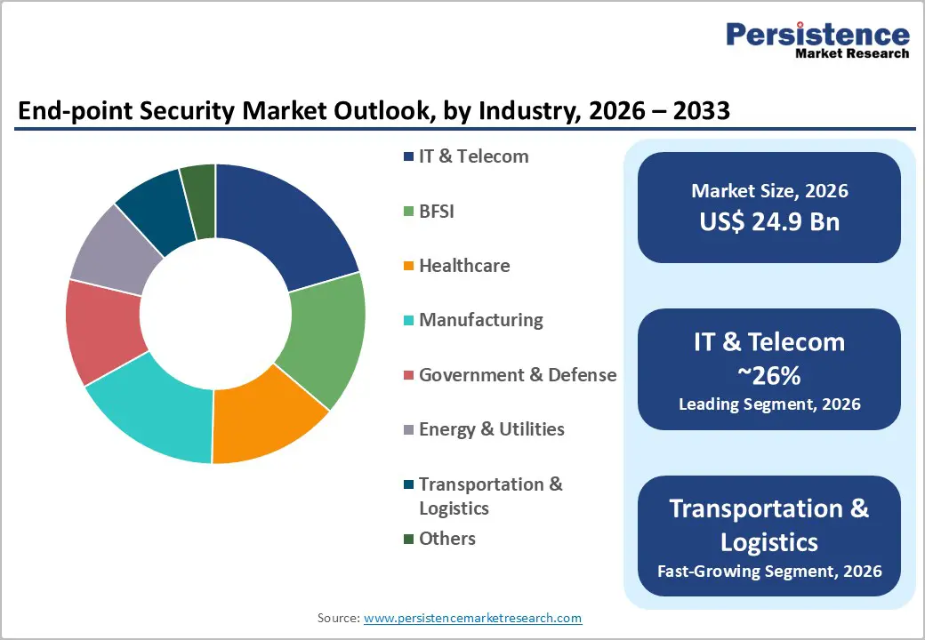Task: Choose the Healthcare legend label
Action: click(x=463, y=266)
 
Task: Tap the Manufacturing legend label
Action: click(x=480, y=320)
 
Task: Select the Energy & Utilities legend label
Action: click(x=491, y=429)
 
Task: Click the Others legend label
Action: click(x=446, y=539)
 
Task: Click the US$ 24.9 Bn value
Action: click(x=768, y=221)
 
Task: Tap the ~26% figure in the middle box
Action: click(x=769, y=376)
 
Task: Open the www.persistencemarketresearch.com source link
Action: click(x=472, y=618)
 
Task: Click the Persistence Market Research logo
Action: click(x=816, y=40)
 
